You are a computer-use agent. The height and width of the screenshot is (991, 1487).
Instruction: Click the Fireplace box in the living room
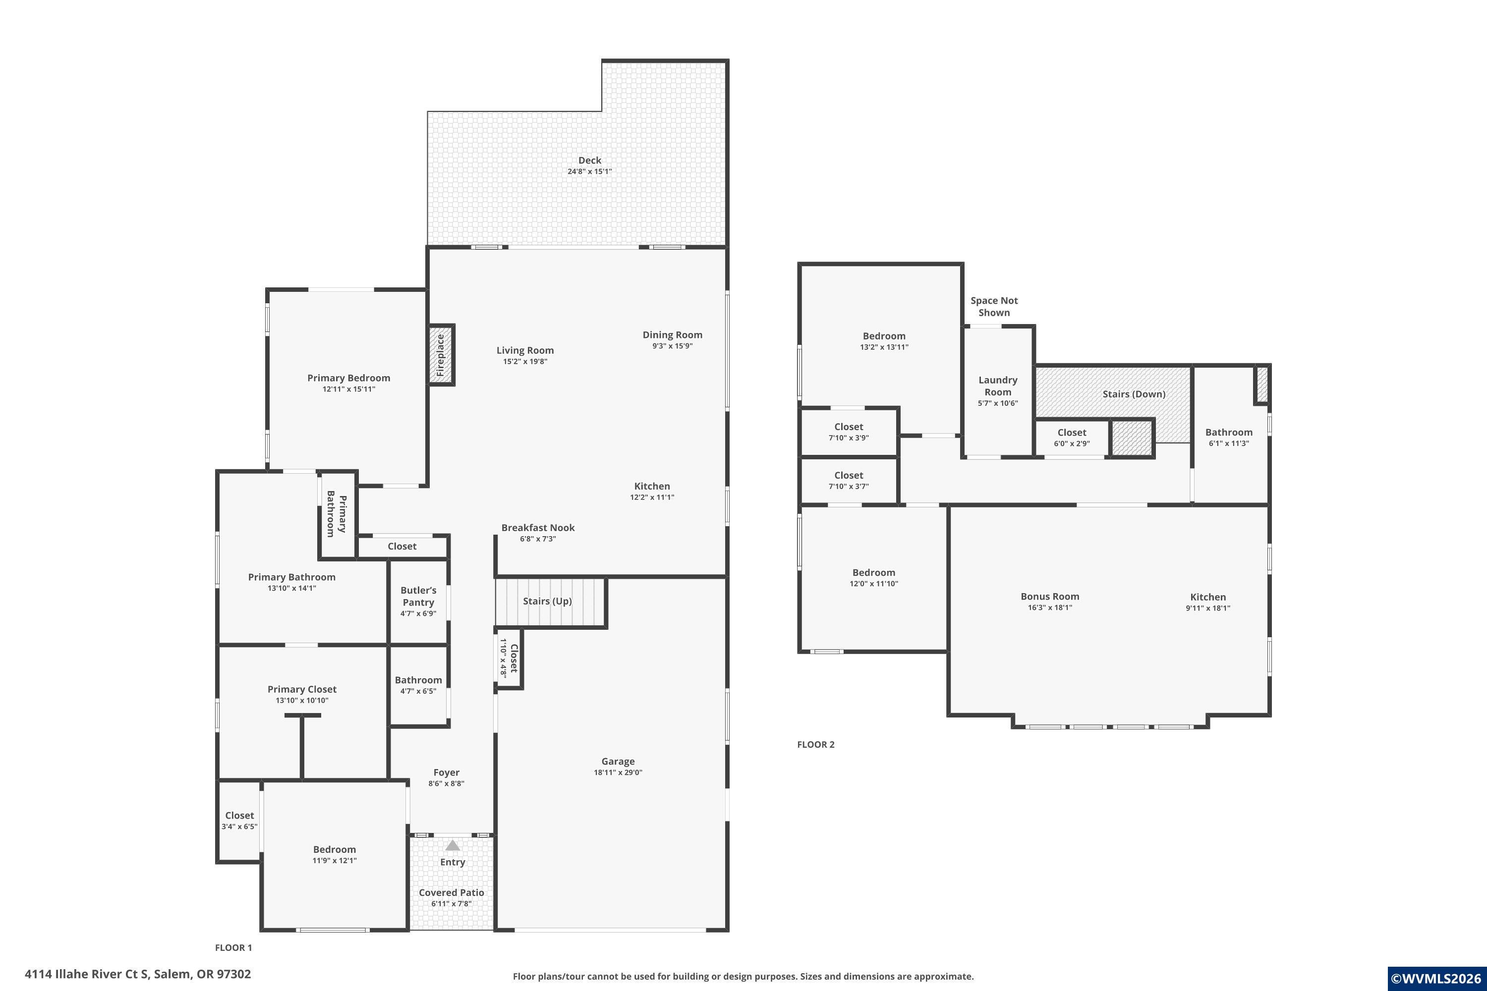point(441,355)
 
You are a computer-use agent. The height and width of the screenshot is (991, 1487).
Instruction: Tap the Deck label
point(589,161)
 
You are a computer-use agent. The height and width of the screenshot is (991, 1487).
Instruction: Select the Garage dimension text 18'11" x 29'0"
point(618,772)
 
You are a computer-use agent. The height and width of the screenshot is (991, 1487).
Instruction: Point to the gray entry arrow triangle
point(453,845)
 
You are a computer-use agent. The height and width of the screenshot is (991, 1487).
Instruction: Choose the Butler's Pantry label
point(418,596)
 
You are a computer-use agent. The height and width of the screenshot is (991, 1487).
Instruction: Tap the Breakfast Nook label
point(538,528)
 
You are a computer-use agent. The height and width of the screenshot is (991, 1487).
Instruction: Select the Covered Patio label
point(452,892)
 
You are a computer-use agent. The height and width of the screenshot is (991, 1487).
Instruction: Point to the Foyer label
point(447,772)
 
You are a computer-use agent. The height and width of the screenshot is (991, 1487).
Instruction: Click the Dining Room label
point(672,335)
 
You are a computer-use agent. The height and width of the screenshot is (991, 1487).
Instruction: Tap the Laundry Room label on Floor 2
point(998,385)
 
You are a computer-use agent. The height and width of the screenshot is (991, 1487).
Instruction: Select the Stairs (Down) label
point(1134,394)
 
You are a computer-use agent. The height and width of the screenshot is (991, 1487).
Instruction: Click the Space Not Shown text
point(994,307)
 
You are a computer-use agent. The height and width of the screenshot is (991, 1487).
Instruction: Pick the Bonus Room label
point(1049,597)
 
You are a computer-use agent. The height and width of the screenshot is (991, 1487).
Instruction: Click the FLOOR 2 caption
point(815,745)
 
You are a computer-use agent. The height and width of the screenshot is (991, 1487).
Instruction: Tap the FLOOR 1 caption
point(233,947)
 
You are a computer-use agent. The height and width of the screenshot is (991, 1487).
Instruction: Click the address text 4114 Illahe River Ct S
point(87,974)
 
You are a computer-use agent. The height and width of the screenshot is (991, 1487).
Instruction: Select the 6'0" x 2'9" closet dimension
point(1072,443)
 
